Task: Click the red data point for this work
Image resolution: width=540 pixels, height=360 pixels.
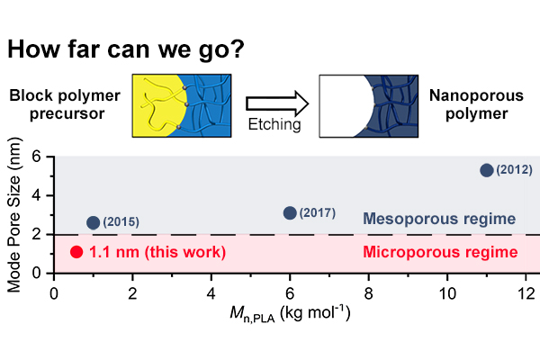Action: pos(76,252)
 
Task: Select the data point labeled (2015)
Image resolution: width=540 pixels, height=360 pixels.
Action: pos(94,222)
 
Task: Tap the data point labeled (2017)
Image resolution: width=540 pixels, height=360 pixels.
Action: pos(290,213)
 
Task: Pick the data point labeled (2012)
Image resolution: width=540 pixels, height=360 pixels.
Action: pos(487,170)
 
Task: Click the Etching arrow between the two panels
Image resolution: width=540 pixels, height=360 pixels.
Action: pos(277,103)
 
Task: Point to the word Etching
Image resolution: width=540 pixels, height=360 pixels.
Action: pos(274,124)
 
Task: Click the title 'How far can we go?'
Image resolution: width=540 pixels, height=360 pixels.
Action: pos(126,49)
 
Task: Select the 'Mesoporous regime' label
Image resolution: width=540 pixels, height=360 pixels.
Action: pos(439,219)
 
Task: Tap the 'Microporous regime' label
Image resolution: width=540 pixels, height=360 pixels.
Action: pos(440,252)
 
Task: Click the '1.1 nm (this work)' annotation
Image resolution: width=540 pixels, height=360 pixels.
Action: pos(157,252)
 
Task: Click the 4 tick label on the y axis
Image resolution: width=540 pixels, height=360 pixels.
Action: pos(36,195)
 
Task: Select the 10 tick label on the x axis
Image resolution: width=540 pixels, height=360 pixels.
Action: pos(447,294)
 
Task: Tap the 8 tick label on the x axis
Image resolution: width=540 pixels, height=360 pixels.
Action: pos(368,294)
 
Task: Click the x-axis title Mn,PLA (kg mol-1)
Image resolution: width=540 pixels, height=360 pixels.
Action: pos(290,314)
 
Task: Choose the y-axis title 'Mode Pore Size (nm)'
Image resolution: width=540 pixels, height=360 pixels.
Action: pos(14,215)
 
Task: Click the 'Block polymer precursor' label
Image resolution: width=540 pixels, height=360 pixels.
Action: pos(65,104)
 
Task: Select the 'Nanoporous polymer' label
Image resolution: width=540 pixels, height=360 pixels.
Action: pos(476,104)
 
